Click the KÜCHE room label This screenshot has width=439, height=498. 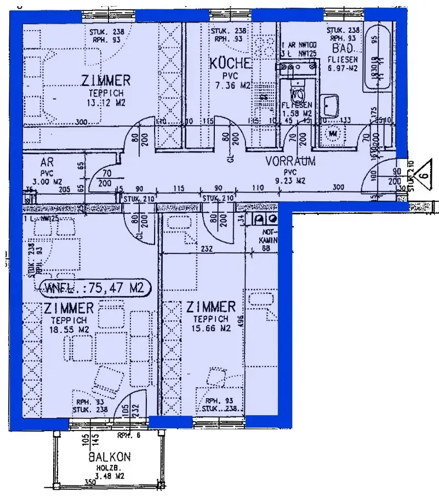point(231,63)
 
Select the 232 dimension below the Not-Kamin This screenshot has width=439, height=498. point(206,248)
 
